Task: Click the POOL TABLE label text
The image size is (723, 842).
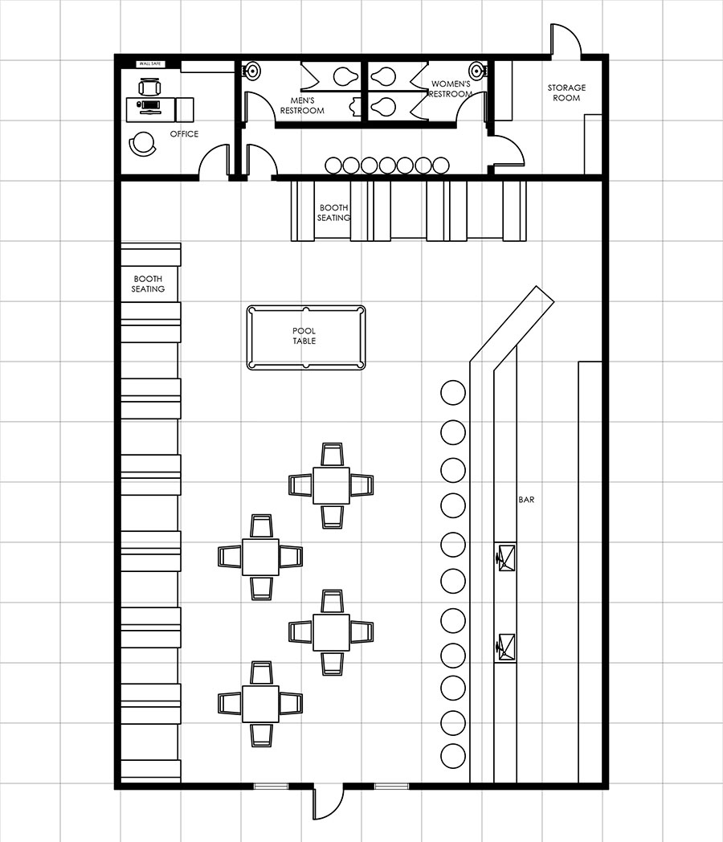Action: tap(304, 336)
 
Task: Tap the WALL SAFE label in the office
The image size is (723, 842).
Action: tap(149, 64)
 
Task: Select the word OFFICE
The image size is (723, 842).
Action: tap(184, 133)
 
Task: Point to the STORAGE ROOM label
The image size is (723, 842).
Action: tap(566, 92)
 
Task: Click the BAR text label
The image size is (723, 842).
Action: tap(526, 500)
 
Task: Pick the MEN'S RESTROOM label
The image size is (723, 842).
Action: tap(302, 105)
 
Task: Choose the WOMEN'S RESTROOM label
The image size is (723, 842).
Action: tap(451, 88)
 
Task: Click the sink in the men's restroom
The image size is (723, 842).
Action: tap(251, 71)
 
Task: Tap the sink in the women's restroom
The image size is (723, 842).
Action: tap(477, 71)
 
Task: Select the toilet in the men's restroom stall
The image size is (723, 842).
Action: tap(345, 77)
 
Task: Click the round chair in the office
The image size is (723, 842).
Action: tap(143, 144)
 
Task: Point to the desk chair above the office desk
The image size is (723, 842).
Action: tap(149, 87)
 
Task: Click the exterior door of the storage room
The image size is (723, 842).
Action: tap(566, 39)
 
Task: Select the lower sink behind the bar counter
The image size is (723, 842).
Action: tap(506, 648)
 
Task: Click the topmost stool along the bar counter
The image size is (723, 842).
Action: tap(453, 393)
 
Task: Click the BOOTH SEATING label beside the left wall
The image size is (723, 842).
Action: tap(148, 284)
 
